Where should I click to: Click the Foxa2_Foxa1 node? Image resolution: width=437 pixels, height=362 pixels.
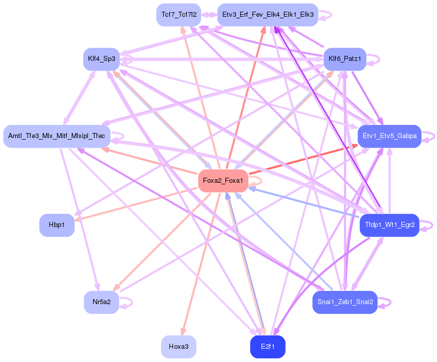tap(222, 181)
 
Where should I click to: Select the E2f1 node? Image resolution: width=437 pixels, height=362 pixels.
tap(268, 347)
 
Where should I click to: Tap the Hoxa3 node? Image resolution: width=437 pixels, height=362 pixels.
tap(179, 347)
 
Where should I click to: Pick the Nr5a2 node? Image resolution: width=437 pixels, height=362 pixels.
tap(101, 302)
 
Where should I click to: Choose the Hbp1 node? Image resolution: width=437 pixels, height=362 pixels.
tap(57, 225)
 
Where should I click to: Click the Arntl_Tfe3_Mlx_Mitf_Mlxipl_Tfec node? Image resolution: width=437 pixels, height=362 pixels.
tap(56, 136)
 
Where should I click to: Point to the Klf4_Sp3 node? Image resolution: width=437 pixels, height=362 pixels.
tap(101, 59)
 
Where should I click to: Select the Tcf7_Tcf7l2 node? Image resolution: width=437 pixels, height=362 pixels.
tap(179, 14)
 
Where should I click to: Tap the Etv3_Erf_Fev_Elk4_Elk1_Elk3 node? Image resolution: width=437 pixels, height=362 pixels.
tap(268, 14)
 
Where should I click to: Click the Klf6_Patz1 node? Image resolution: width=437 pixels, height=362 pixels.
tap(345, 59)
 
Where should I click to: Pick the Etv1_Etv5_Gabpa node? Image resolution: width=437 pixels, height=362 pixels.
tap(390, 136)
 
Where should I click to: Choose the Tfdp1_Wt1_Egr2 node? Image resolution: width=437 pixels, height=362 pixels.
tap(390, 225)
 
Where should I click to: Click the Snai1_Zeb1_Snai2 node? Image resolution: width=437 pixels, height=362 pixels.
tap(345, 302)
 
